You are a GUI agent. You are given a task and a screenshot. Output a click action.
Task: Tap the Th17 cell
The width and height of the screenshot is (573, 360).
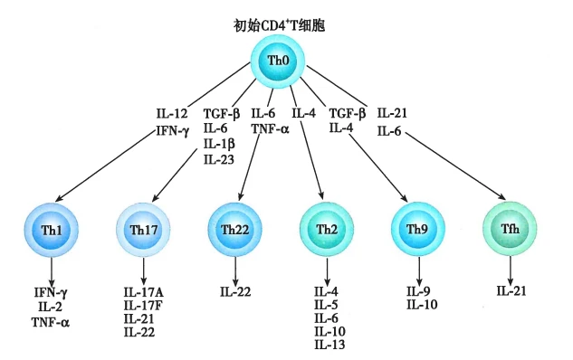pos(144,229)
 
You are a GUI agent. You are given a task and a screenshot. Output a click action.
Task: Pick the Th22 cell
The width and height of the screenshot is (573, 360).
pos(235,229)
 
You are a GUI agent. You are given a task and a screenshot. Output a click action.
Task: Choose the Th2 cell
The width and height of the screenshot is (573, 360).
pos(327,229)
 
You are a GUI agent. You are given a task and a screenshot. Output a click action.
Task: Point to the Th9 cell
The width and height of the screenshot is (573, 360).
pos(418,229)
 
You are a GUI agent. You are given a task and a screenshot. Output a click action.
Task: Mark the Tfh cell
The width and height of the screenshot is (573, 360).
pos(511,229)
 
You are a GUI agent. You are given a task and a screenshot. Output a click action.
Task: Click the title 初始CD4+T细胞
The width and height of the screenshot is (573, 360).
pos(280,24)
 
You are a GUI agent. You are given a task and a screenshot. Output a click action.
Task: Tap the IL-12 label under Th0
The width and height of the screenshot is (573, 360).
pos(172,114)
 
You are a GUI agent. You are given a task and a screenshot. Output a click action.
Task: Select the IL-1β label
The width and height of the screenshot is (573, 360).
pos(219,145)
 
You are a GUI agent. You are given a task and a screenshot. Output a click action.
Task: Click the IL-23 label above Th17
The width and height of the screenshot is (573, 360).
pos(219,160)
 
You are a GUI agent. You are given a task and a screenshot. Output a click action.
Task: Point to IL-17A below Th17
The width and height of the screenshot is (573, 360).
pos(143,291)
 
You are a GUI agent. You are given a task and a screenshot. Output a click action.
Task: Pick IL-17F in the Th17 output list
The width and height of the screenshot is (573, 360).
pos(143,305)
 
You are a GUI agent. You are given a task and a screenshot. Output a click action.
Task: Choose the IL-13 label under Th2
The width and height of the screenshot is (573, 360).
pos(328,346)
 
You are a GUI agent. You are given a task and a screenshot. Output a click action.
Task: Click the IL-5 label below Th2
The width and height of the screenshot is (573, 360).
pos(326,305)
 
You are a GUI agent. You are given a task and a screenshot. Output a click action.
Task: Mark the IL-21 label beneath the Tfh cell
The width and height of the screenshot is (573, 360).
pos(511,291)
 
